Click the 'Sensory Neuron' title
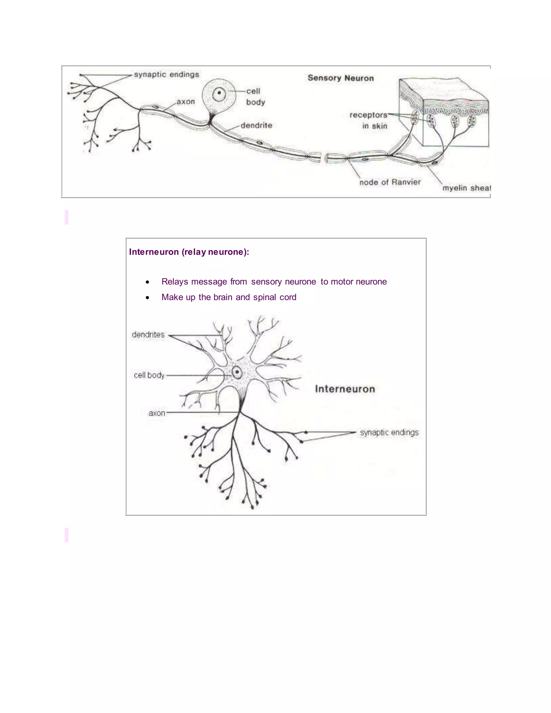[x=340, y=78]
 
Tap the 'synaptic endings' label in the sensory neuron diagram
[x=167, y=75]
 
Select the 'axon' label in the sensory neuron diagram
[x=186, y=102]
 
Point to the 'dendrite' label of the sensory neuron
[x=256, y=125]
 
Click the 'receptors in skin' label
[x=369, y=120]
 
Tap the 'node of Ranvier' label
[x=390, y=182]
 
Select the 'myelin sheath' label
[x=466, y=188]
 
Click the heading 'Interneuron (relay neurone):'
[x=189, y=252]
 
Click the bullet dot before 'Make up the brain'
[x=147, y=297]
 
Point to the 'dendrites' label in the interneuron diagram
[x=148, y=335]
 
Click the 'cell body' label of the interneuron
[x=149, y=375]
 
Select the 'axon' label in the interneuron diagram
[x=157, y=413]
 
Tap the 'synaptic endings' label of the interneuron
[x=389, y=433]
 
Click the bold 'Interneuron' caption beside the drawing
[x=345, y=389]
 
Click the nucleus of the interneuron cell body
[x=237, y=372]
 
